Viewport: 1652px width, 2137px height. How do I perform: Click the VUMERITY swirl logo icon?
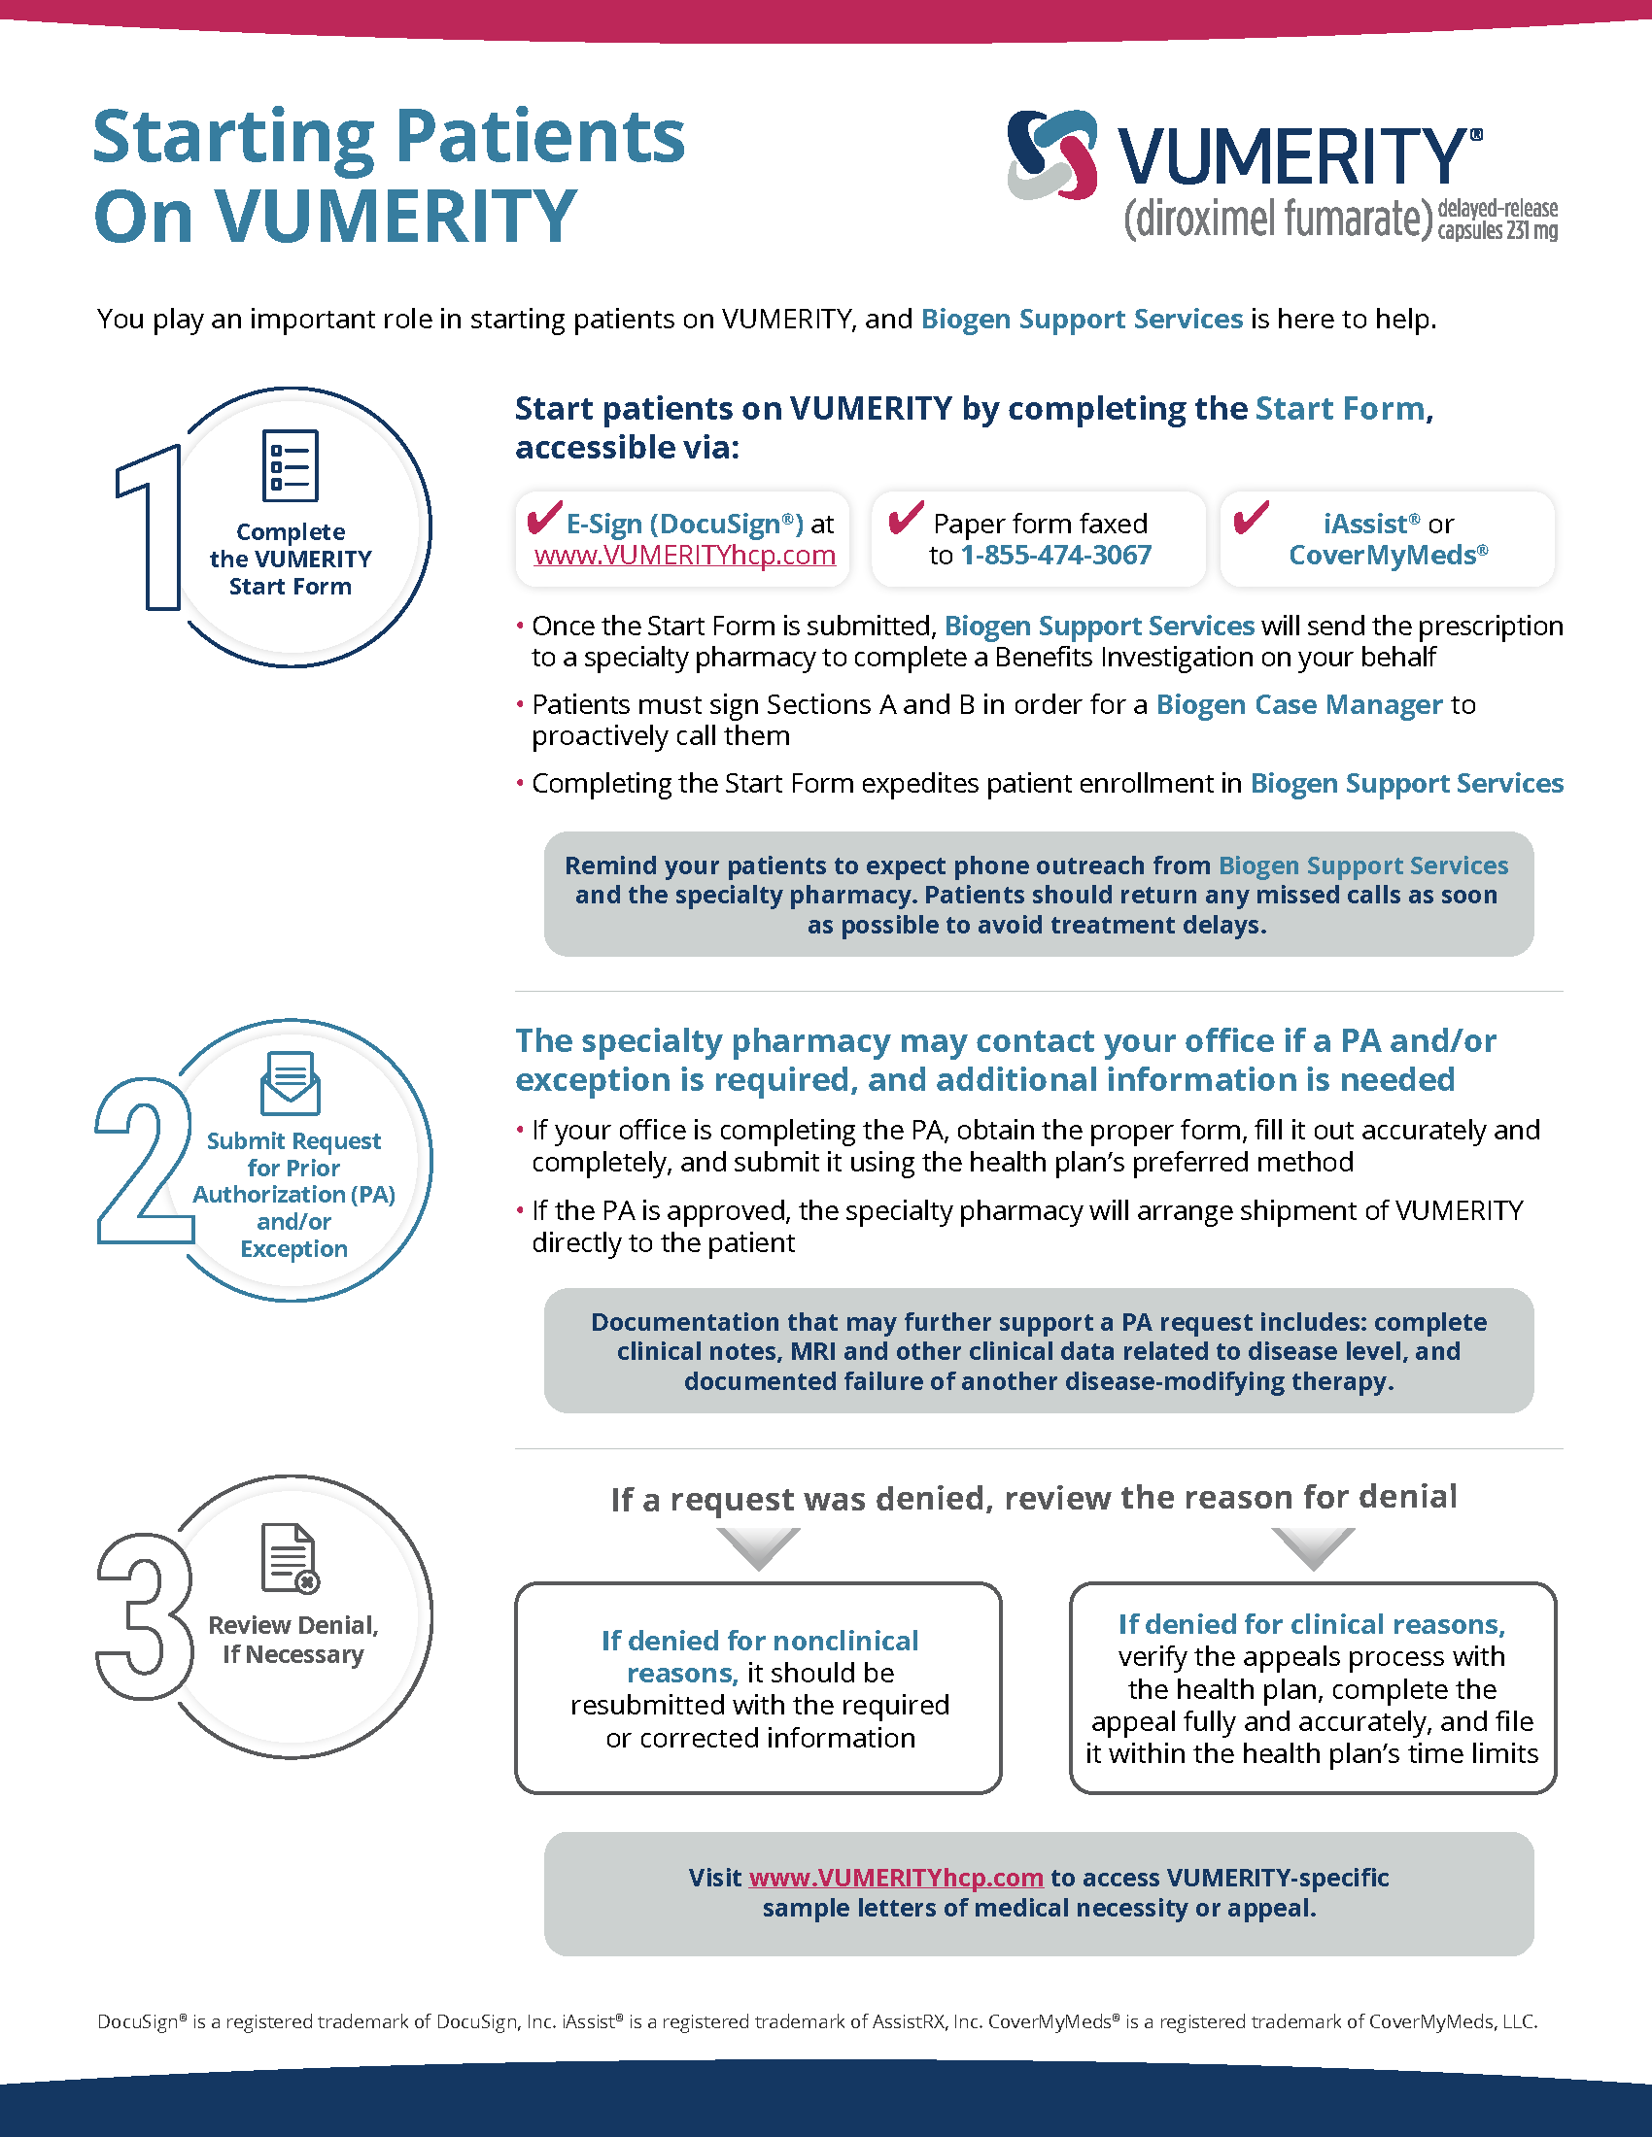(x=1052, y=155)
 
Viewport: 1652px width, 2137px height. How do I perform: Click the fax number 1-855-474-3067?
(x=1056, y=555)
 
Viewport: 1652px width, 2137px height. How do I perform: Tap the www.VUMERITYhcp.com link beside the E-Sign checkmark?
(x=684, y=555)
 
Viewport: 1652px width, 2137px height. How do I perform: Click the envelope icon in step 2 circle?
(x=290, y=1083)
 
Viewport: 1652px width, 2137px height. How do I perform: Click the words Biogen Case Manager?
(x=1298, y=704)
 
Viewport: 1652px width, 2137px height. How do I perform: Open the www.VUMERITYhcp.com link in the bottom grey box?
(x=896, y=1877)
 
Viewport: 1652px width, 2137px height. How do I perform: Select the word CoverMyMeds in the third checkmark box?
(x=1382, y=555)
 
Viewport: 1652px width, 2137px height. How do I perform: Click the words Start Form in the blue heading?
(x=1339, y=408)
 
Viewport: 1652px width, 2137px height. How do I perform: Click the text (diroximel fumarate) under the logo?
(x=1277, y=220)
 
